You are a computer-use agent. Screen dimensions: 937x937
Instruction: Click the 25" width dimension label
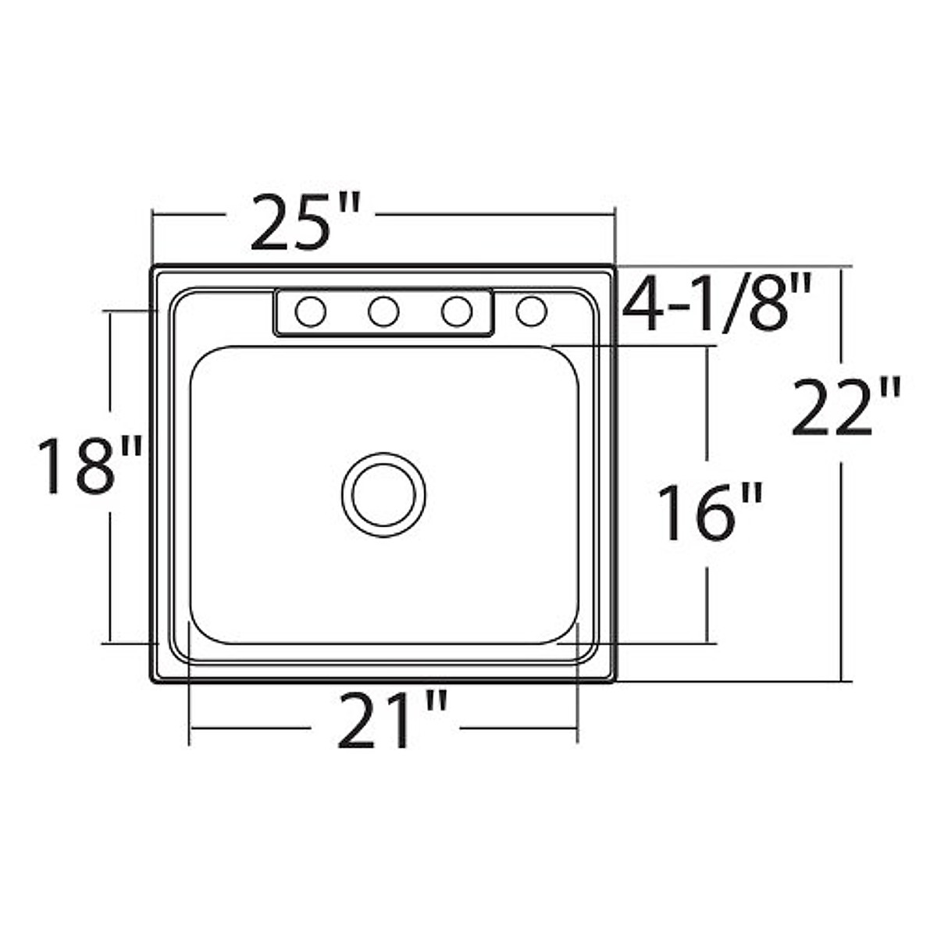point(306,223)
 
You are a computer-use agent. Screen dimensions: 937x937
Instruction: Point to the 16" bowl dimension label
point(710,512)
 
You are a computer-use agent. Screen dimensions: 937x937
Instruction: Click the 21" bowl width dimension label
point(392,721)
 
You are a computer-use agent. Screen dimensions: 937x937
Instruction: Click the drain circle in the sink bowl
point(383,495)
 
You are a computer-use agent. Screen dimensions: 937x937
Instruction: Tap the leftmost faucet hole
point(311,312)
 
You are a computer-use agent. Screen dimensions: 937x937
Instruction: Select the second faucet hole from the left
point(383,312)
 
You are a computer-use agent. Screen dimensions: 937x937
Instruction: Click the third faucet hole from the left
point(457,312)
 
